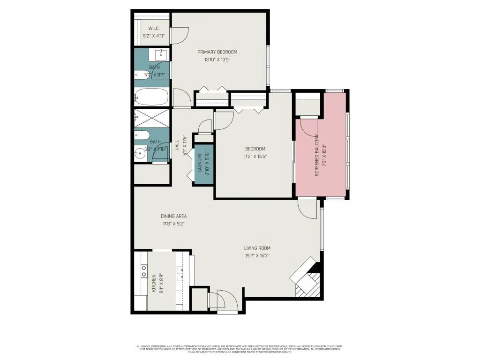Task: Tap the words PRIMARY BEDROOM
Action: (x=217, y=52)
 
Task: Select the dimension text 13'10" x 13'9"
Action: (x=217, y=60)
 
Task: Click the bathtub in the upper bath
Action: (x=151, y=97)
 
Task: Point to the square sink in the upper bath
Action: (x=161, y=54)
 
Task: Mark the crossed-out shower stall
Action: (x=151, y=118)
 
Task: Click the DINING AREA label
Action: (x=174, y=216)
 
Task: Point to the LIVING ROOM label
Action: (x=257, y=248)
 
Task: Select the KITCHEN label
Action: (x=154, y=284)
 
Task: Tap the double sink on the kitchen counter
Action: (x=180, y=272)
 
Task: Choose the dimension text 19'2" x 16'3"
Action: (x=257, y=255)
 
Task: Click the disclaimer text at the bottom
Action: (x=240, y=349)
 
